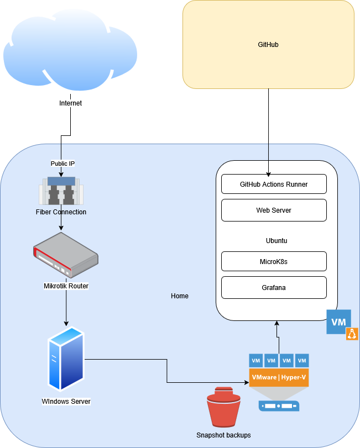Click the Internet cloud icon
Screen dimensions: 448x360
click(70, 52)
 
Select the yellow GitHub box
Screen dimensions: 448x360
click(268, 44)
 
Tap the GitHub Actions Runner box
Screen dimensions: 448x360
click(274, 184)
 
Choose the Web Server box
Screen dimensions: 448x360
click(274, 210)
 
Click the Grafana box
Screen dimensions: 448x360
click(274, 288)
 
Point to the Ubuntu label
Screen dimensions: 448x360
click(276, 241)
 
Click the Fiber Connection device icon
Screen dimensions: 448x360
click(61, 191)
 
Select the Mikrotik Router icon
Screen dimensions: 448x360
click(66, 255)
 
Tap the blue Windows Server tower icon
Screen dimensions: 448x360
click(66, 359)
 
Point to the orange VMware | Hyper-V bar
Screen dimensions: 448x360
click(279, 377)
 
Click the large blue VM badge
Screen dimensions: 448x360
click(338, 321)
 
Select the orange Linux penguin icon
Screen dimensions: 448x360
click(352, 334)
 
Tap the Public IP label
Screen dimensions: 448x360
click(62, 164)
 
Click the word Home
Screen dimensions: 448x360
click(180, 296)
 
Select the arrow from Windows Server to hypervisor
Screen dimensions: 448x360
click(166, 370)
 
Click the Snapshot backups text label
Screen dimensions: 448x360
click(223, 435)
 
